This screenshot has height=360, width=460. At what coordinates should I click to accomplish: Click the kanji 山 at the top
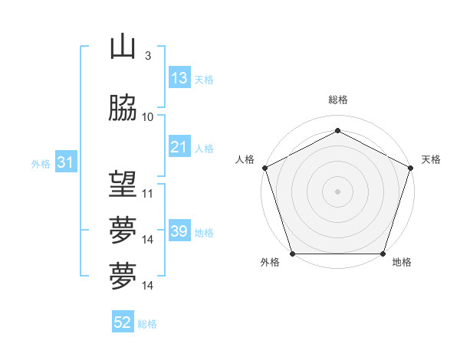(x=123, y=48)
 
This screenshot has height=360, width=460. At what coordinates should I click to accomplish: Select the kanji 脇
(x=123, y=109)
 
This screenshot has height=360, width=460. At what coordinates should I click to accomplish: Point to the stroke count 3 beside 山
(x=147, y=56)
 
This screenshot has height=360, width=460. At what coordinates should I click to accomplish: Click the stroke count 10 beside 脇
(x=148, y=116)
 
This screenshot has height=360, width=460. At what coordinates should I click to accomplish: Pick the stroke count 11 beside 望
(x=148, y=193)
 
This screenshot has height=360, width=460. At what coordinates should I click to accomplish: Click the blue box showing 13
(x=179, y=78)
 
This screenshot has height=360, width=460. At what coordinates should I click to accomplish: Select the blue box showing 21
(x=179, y=147)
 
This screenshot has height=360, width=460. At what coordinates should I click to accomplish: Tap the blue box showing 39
(x=179, y=231)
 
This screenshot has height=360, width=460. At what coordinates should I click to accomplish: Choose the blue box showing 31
(x=65, y=163)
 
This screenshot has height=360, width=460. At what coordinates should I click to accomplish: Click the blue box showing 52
(x=122, y=322)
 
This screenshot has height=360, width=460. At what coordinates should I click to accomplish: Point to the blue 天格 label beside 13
(x=203, y=80)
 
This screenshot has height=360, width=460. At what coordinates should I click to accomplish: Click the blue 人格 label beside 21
(x=203, y=149)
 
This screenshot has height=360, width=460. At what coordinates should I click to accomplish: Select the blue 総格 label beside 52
(x=147, y=324)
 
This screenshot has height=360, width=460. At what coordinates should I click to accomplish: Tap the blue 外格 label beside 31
(x=41, y=164)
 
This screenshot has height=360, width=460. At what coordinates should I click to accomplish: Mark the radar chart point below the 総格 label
(x=337, y=130)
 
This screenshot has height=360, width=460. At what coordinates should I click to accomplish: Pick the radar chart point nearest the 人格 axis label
(x=264, y=168)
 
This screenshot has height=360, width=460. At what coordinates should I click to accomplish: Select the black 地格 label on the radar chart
(x=402, y=263)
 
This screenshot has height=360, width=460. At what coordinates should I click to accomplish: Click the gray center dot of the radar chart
(x=337, y=191)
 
